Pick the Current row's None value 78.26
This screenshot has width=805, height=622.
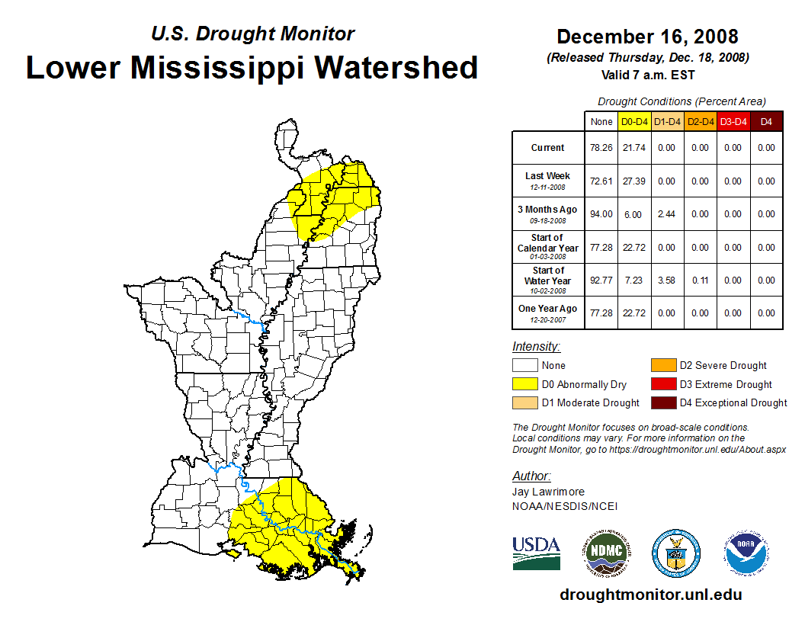click(x=601, y=148)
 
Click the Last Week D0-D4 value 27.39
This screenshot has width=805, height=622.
click(x=634, y=181)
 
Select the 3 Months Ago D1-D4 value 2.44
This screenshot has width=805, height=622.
click(x=668, y=214)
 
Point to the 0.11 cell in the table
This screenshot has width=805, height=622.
click(x=701, y=281)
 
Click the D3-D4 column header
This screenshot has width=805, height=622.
click(x=733, y=122)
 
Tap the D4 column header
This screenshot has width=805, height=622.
click(x=766, y=122)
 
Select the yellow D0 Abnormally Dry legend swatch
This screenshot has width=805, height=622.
click(x=524, y=384)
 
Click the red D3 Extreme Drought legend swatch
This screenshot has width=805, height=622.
click(x=662, y=384)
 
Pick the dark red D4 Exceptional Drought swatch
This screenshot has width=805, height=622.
click(x=662, y=402)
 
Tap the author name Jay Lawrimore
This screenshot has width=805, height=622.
click(x=548, y=492)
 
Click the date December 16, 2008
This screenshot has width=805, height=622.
click(x=647, y=37)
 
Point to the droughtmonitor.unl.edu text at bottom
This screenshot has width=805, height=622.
click(x=650, y=595)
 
